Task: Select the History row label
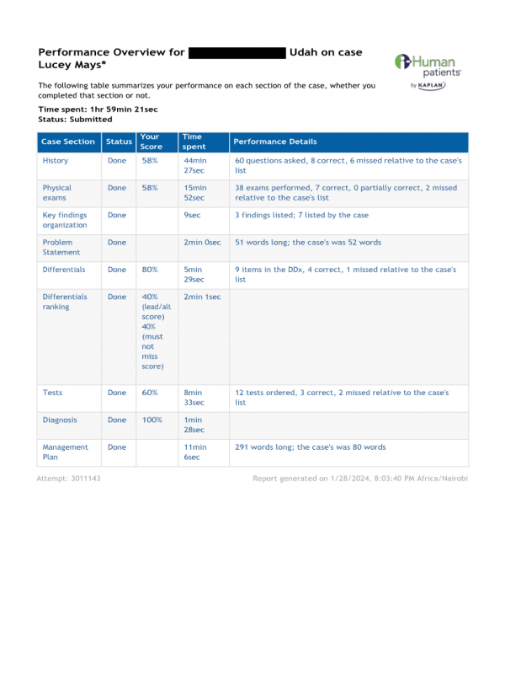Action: tap(56, 160)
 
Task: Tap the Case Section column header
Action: tap(68, 142)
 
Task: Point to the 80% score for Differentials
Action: tap(149, 270)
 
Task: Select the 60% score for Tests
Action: tap(149, 393)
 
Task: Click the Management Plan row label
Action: tap(65, 452)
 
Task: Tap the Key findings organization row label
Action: tap(65, 220)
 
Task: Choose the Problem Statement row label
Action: tap(61, 247)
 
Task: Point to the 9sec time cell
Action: tap(191, 215)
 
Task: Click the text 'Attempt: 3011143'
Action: tap(68, 479)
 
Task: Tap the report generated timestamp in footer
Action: tap(360, 479)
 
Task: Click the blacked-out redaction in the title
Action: tap(237, 52)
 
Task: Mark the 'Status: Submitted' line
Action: tap(75, 120)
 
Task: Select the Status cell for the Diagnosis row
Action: tap(117, 420)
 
